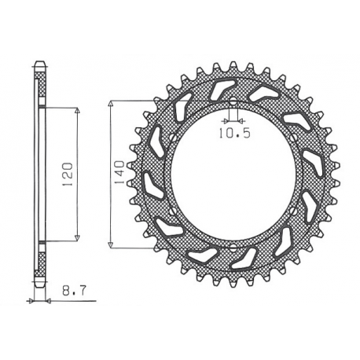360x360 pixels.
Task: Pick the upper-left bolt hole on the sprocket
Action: click(x=172, y=138)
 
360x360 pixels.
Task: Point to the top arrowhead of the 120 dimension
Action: click(x=78, y=110)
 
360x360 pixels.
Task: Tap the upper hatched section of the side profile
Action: click(x=40, y=83)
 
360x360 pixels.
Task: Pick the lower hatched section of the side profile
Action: click(x=40, y=263)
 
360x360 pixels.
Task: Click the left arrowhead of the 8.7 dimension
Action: click(x=32, y=301)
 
